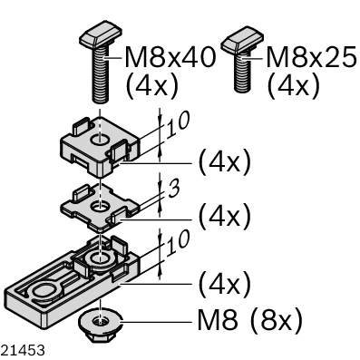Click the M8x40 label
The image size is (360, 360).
170,57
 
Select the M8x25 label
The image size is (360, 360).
311,57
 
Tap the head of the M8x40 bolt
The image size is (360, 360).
101,34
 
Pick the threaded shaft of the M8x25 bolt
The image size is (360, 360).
242,72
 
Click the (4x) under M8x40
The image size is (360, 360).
151,86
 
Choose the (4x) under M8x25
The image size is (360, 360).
294,86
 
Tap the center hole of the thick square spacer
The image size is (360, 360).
100,140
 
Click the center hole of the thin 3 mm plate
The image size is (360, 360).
100,207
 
